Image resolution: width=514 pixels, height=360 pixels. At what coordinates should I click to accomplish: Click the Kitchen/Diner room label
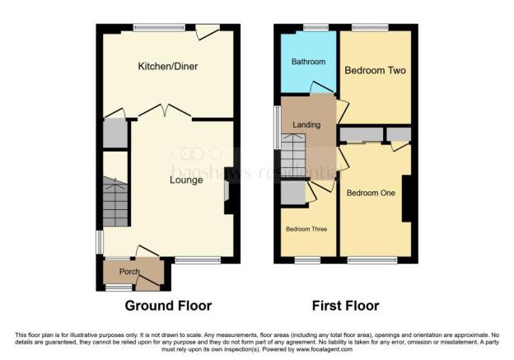(168, 66)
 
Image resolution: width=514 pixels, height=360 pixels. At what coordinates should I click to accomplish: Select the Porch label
(129, 272)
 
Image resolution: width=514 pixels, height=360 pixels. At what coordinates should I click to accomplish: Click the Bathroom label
(308, 63)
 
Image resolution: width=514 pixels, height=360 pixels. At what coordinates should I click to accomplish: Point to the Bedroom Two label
(375, 71)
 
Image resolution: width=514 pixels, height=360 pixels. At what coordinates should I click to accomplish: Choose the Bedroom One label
(371, 194)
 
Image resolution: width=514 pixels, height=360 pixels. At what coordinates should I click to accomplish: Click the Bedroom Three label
(306, 229)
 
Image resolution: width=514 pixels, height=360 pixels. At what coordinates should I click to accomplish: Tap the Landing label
(306, 125)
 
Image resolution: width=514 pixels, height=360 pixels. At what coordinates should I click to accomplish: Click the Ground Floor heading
(168, 306)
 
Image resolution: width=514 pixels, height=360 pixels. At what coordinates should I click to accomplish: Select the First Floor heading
(345, 306)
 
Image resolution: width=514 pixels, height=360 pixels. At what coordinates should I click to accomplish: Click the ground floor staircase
(116, 202)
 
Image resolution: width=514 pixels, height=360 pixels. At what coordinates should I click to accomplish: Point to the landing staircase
(293, 157)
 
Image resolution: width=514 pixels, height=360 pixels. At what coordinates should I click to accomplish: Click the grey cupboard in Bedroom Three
(292, 191)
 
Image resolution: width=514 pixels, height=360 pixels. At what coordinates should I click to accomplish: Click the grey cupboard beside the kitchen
(115, 134)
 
